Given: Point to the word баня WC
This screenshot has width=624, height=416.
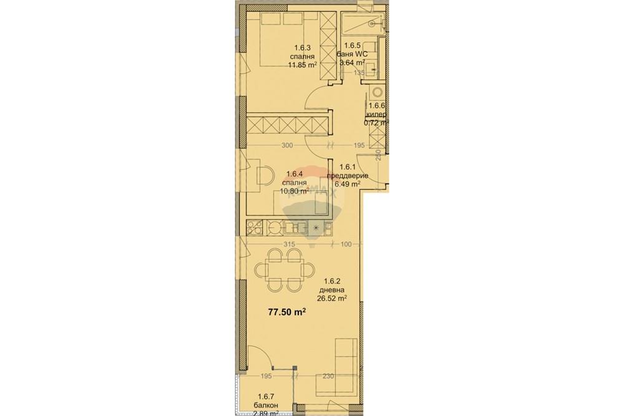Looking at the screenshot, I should pos(355,54).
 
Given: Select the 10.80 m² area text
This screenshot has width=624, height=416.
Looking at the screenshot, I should pos(295,191).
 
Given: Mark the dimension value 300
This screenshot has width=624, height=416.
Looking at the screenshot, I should pos(287,145).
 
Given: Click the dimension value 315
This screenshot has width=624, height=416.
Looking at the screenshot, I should pos(289,244).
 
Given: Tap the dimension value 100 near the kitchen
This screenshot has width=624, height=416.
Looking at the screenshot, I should pos(348,244).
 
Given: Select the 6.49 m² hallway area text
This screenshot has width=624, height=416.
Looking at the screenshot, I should pos(348,184).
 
